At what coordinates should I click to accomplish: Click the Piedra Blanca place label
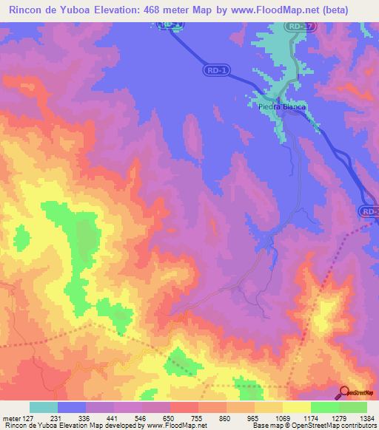tap(282, 106)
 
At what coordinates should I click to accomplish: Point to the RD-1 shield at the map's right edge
tap(371, 212)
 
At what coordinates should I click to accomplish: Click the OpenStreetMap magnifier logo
tap(345, 393)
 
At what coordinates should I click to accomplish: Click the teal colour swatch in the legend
tap(44, 407)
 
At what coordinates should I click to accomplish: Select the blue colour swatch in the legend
tap(72, 407)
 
